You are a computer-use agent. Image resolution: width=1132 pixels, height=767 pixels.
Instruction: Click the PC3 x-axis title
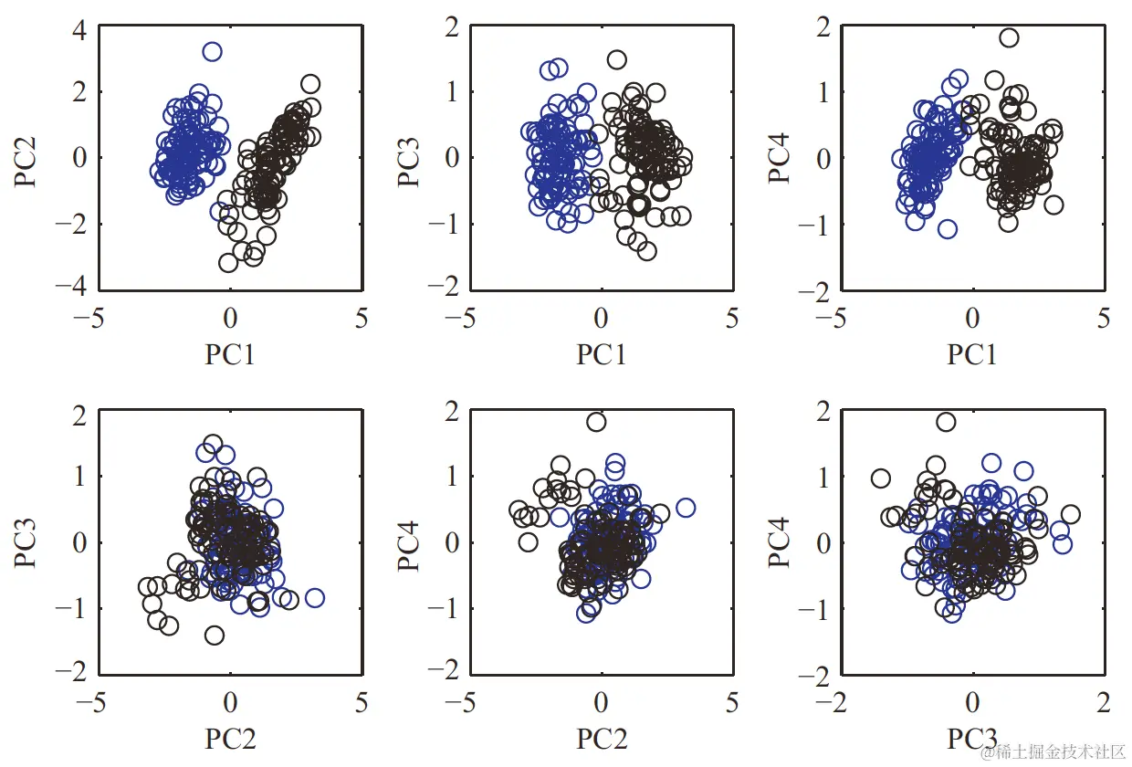coord(972,738)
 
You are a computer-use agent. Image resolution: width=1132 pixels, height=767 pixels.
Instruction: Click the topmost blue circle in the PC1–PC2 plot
coord(212,52)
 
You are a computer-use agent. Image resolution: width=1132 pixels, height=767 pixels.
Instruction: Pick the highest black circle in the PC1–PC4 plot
coord(1009,38)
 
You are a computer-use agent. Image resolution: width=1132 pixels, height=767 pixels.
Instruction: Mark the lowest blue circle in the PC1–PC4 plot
coord(948,228)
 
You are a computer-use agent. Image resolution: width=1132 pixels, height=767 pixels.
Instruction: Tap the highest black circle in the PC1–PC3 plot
coord(616,60)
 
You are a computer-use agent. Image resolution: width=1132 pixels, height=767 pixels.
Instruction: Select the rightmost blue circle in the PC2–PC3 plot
coord(315,598)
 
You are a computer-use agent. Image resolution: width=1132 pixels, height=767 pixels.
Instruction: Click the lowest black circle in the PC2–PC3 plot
coord(215,635)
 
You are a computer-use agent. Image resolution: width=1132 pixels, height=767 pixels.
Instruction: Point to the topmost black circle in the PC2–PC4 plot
coord(596,422)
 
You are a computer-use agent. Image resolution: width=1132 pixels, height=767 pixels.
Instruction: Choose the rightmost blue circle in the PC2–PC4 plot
coord(686,508)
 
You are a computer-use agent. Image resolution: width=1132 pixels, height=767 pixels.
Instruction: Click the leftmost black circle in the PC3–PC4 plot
coord(881,478)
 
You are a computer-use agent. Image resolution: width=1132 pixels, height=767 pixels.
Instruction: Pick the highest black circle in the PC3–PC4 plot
coord(946,422)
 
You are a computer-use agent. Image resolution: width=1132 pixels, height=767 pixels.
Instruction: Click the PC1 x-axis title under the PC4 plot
coord(972,353)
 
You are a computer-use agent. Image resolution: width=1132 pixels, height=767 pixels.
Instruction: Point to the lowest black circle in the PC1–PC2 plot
coord(229,263)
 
